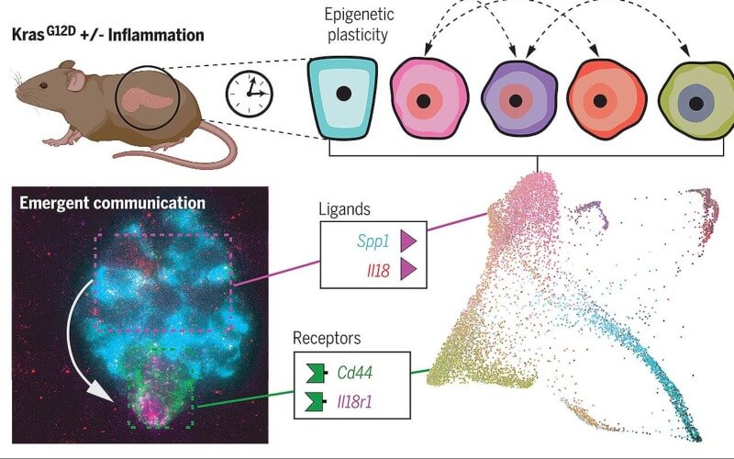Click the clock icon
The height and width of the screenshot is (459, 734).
tap(250, 94)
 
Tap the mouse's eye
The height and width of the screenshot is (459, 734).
tap(43, 85)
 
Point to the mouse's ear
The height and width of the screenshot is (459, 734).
tap(74, 79)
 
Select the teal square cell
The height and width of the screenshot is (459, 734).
tap(342, 97)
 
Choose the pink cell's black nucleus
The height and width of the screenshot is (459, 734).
tap(424, 101)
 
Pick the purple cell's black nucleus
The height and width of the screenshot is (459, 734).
tap(516, 101)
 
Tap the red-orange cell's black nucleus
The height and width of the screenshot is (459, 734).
tap(601, 101)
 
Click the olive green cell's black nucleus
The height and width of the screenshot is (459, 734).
tap(696, 104)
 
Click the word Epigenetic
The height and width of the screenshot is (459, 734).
tap(359, 14)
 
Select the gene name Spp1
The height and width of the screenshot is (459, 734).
tap(373, 241)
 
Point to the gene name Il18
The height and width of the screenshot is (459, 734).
tap(378, 270)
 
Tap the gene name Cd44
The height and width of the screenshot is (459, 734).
tap(355, 373)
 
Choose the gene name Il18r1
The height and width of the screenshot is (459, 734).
tap(354, 402)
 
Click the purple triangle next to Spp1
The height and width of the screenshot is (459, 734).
tap(408, 241)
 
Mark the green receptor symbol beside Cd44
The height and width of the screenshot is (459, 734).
tap(316, 373)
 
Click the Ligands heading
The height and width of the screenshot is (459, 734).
tap(345, 209)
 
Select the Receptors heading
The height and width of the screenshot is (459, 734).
tap(327, 338)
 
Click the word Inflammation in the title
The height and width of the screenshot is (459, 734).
tap(156, 35)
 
